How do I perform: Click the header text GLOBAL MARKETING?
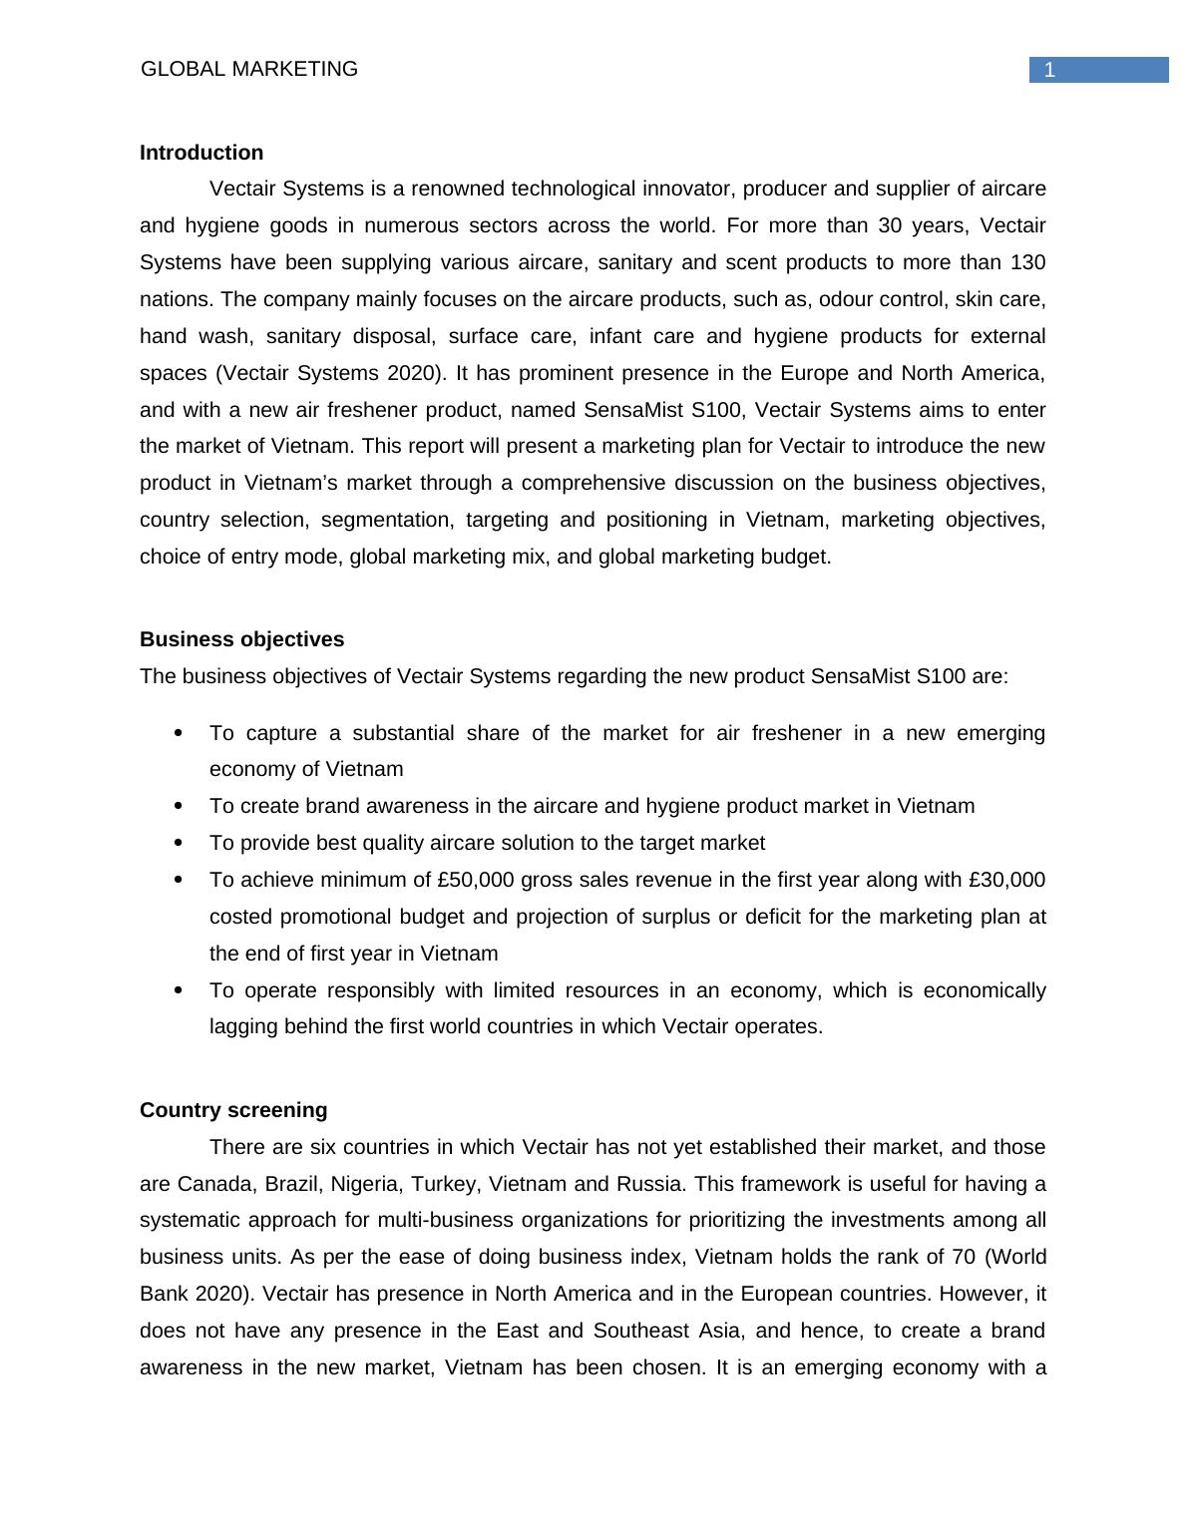[x=249, y=69]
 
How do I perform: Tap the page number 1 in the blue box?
[x=1049, y=70]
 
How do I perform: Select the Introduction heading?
[x=201, y=153]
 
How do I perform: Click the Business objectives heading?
[x=241, y=639]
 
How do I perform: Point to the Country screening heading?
[x=233, y=1110]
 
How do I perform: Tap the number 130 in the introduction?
[x=1027, y=262]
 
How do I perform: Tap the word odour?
[x=847, y=299]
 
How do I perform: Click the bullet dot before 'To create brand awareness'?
[x=179, y=806]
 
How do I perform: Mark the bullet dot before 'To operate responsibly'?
[x=179, y=990]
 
